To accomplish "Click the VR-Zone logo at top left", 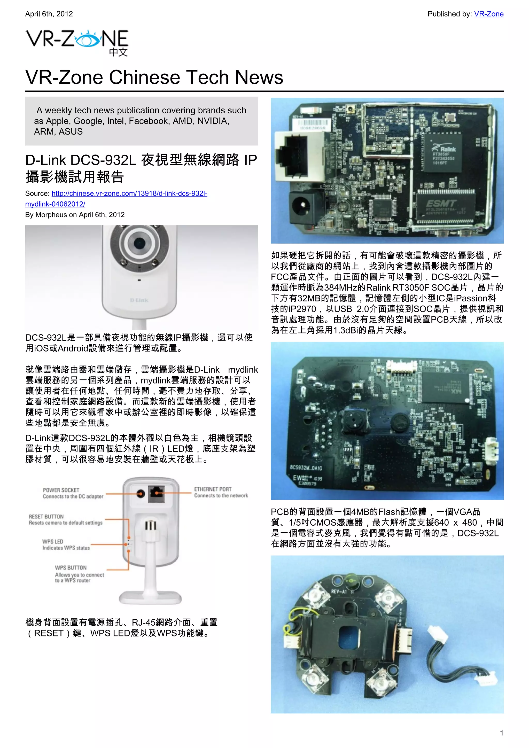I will pos(77,42).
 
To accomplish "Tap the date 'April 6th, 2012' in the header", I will pos(49,14).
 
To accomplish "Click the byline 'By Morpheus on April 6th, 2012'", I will pos(75,215).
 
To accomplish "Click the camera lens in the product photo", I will pos(139,243).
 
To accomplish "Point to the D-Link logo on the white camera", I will pos(139,300).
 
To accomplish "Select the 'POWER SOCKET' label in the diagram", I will pos(61,490).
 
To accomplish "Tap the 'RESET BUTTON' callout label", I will pos(46,517).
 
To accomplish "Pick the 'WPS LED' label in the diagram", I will pos(52,541).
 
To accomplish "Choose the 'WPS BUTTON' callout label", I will pos(71,567).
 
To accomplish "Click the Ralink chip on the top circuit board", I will pos(442,152).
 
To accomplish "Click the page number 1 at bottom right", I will pos(501,733).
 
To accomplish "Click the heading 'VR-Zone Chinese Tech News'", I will pos(154,77).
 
